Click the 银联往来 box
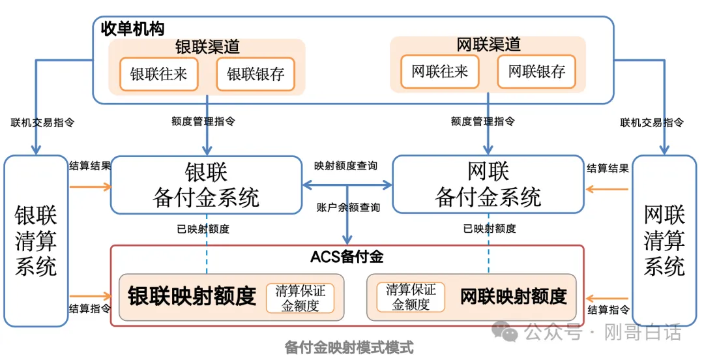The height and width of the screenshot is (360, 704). (x=158, y=74)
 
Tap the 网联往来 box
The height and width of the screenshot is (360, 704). (x=439, y=71)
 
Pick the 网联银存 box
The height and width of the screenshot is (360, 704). (x=536, y=71)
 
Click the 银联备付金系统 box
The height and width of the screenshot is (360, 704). (x=206, y=185)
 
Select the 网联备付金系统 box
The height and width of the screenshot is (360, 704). (x=488, y=185)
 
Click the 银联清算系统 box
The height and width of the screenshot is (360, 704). (x=36, y=241)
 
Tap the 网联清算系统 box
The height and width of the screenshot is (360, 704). (x=664, y=241)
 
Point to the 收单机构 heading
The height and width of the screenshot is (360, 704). (x=132, y=29)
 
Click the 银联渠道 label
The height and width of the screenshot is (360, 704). (x=207, y=47)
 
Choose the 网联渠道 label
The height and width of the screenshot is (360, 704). (x=488, y=44)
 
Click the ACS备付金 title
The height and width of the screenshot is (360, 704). (x=347, y=256)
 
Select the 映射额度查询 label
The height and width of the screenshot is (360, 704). (x=345, y=166)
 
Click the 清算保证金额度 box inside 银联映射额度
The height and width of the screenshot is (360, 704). (x=300, y=298)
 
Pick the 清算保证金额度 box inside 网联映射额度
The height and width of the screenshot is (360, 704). (x=411, y=297)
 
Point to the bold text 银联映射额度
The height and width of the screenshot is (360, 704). (x=192, y=297)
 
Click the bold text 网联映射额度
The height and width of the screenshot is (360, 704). (x=514, y=297)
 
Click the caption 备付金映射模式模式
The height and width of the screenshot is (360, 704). (x=349, y=348)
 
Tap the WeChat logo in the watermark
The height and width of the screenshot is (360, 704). (x=506, y=333)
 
